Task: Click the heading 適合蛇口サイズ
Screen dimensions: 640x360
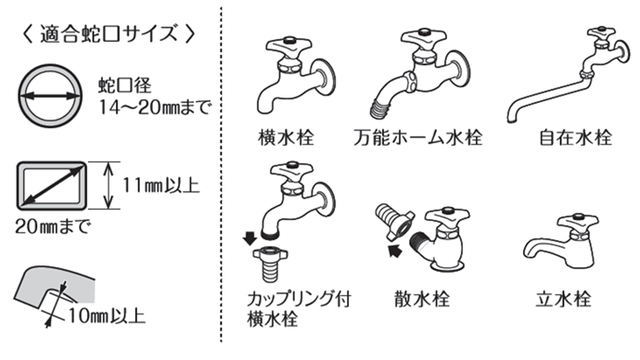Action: [x=109, y=33]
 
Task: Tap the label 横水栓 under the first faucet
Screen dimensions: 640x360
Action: [x=286, y=137]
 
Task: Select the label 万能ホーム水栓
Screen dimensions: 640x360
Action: [x=418, y=137]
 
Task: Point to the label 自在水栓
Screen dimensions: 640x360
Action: [x=576, y=137]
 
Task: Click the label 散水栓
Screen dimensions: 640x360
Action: [x=422, y=299]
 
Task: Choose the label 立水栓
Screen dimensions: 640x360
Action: [x=563, y=299]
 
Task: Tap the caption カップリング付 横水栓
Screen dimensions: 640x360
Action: [x=299, y=309]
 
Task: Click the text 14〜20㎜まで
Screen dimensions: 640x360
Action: [x=155, y=108]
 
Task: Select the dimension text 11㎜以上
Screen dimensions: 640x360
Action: [x=161, y=186]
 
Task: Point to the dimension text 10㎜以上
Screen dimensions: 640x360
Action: [x=107, y=316]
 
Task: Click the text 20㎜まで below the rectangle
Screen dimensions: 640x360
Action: [x=52, y=226]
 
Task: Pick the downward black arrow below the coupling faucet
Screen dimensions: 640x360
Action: [x=250, y=238]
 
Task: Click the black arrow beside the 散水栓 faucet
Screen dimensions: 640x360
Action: [x=395, y=249]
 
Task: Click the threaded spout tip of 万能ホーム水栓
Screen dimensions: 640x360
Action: [x=381, y=109]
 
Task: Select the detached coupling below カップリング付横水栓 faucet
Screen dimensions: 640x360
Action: [x=270, y=264]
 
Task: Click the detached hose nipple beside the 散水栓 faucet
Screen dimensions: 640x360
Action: [x=394, y=222]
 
